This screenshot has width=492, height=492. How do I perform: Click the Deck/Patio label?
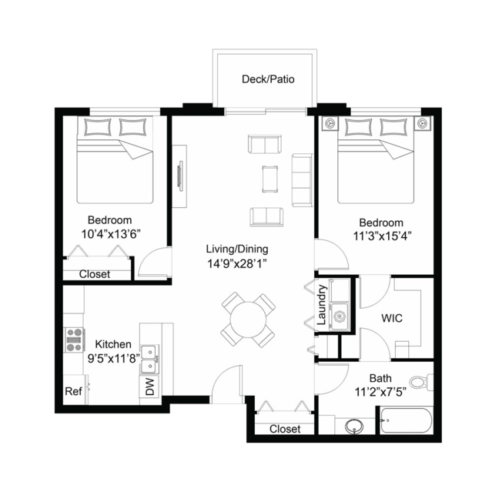coord(268,79)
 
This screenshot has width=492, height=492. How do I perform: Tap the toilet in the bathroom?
coord(420,382)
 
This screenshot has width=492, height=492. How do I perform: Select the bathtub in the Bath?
coord(407,420)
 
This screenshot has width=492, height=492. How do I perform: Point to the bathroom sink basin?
coord(354,426)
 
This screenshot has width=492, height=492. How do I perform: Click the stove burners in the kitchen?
coord(75,340)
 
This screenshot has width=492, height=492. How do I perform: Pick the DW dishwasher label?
coord(150,387)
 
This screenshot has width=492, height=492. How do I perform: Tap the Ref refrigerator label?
coord(73,391)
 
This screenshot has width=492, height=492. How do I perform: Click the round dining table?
coord(248,320)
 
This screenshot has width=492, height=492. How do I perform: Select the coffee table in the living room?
coord(269,179)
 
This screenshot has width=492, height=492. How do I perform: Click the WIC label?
coord(392,318)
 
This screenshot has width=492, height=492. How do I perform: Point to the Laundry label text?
coord(322,305)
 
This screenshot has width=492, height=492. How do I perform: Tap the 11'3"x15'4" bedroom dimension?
coord(383,236)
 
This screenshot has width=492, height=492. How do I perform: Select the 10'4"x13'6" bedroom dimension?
coord(110,234)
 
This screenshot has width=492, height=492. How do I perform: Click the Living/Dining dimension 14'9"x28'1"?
coord(237,264)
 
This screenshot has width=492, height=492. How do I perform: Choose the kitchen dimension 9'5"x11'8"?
coord(114,358)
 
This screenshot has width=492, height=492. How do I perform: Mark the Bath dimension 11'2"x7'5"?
coord(380,392)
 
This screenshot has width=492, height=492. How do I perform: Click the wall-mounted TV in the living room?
coord(180,176)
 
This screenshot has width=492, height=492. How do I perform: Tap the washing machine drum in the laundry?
coord(340,316)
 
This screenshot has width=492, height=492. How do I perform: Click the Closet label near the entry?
coord(285,429)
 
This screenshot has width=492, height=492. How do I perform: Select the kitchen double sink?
coord(149,360)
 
